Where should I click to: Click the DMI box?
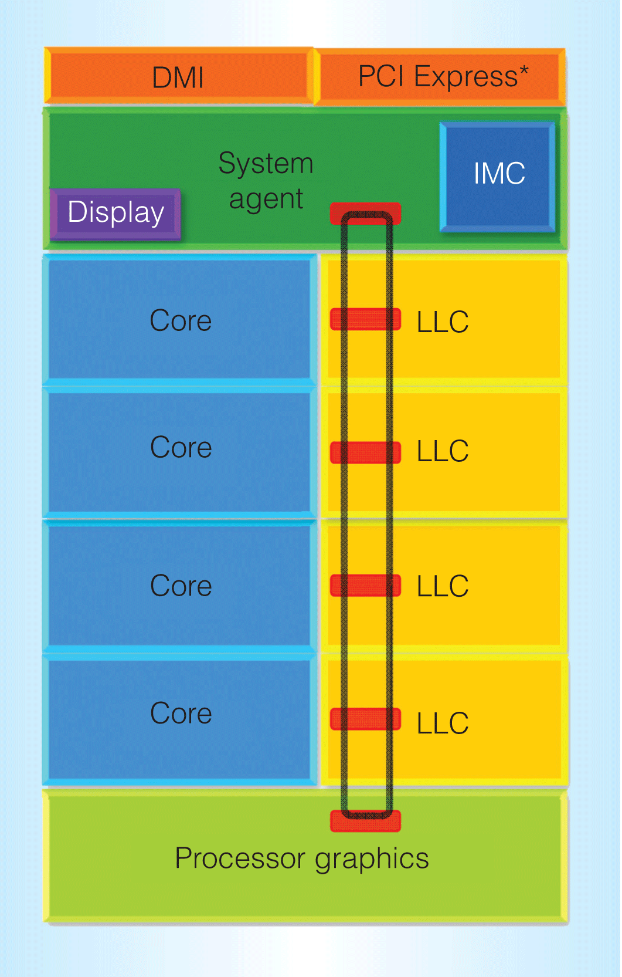click(178, 77)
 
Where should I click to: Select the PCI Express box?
click(441, 77)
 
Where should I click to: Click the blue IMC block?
click(498, 175)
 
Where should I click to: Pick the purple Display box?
click(115, 213)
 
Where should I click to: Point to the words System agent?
click(266, 181)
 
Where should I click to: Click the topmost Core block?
click(180, 320)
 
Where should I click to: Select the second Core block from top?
click(180, 448)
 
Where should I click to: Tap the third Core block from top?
click(180, 586)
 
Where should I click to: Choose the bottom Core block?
click(180, 714)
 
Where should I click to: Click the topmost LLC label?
click(443, 322)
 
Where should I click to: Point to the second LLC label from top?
click(443, 451)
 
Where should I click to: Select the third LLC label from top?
click(443, 586)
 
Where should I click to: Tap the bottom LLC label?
click(443, 724)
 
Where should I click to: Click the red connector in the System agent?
click(366, 213)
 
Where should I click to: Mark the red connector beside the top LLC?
click(366, 319)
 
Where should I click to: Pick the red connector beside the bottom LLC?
click(366, 719)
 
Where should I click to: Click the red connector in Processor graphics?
click(366, 822)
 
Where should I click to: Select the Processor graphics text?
click(302, 859)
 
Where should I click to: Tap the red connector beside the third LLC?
click(366, 585)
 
